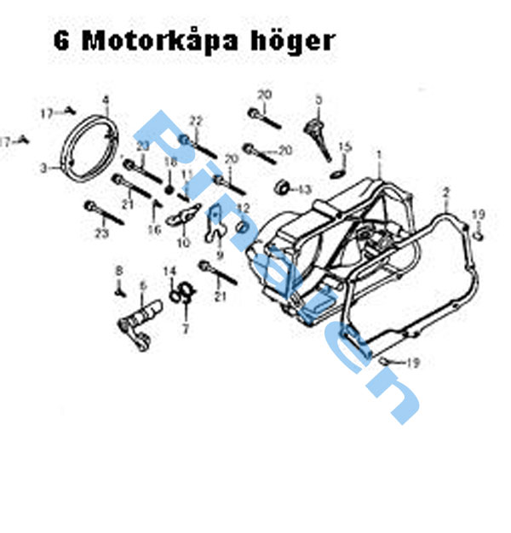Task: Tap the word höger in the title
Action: (x=293, y=42)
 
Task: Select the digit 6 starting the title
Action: (x=62, y=40)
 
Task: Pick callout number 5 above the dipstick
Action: (x=319, y=100)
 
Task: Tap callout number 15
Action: (x=345, y=147)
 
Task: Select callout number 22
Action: (x=195, y=120)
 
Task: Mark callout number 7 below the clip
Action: (x=186, y=327)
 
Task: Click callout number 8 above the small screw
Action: (x=119, y=270)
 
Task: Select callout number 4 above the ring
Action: (x=106, y=100)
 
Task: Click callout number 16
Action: (x=154, y=228)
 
